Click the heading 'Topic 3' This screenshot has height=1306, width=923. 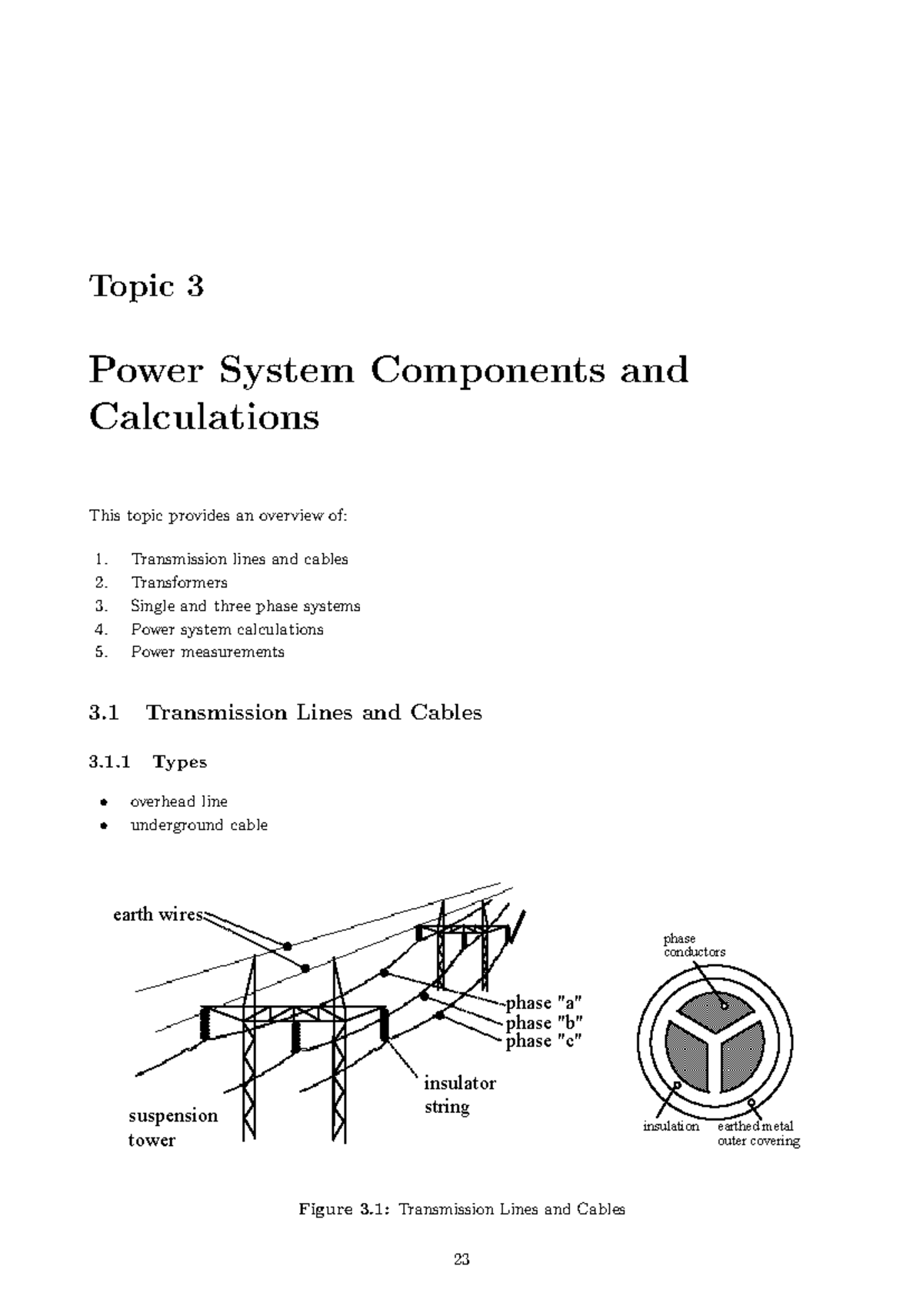click(146, 286)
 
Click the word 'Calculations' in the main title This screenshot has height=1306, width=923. click(204, 418)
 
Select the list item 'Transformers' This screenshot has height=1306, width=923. click(179, 582)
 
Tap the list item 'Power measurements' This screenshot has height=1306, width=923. click(208, 651)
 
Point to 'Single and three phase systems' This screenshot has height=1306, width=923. click(245, 606)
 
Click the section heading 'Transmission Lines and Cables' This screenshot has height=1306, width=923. click(314, 712)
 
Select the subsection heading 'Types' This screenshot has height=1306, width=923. click(180, 762)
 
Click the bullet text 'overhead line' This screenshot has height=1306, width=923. click(179, 801)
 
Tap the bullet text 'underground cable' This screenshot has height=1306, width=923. click(199, 825)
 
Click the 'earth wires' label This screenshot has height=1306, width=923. click(158, 915)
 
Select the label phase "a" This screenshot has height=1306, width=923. click(544, 1003)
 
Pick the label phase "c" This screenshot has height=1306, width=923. click(544, 1041)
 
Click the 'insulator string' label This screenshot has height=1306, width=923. click(459, 1095)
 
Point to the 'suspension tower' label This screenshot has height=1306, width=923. click(172, 1128)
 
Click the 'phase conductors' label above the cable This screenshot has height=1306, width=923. click(694, 945)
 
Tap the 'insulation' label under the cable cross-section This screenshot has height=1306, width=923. click(671, 1127)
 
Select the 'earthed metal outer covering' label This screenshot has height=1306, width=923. click(758, 1134)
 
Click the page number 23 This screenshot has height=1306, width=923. click(461, 1259)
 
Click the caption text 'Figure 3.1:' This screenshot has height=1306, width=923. click(345, 1209)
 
